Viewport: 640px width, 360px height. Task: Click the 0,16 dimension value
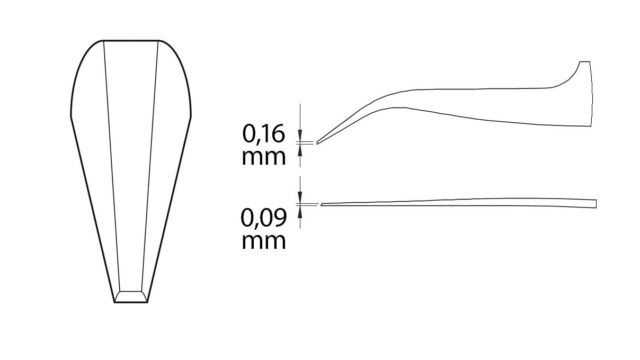tap(264, 134)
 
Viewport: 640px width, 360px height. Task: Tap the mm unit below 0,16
tap(264, 157)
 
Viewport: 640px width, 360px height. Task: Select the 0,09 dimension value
tap(264, 217)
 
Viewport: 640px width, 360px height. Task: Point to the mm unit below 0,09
tap(264, 241)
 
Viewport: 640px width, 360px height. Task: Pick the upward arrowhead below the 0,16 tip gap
tap(300, 149)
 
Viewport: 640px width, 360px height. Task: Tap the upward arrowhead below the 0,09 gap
tap(300, 211)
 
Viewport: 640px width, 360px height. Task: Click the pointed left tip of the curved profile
tap(317, 142)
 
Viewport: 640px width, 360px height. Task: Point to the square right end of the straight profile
tap(595, 204)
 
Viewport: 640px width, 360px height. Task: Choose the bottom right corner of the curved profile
tap(590, 126)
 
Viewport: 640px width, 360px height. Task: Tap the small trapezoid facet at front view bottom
tap(131, 296)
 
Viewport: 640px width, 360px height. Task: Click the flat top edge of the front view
tap(131, 40)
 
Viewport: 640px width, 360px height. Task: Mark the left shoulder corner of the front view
tap(71, 115)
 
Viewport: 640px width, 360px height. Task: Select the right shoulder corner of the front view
tap(191, 115)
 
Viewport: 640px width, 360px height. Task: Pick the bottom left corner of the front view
tap(115, 302)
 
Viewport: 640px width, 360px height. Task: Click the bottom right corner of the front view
tap(147, 302)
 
